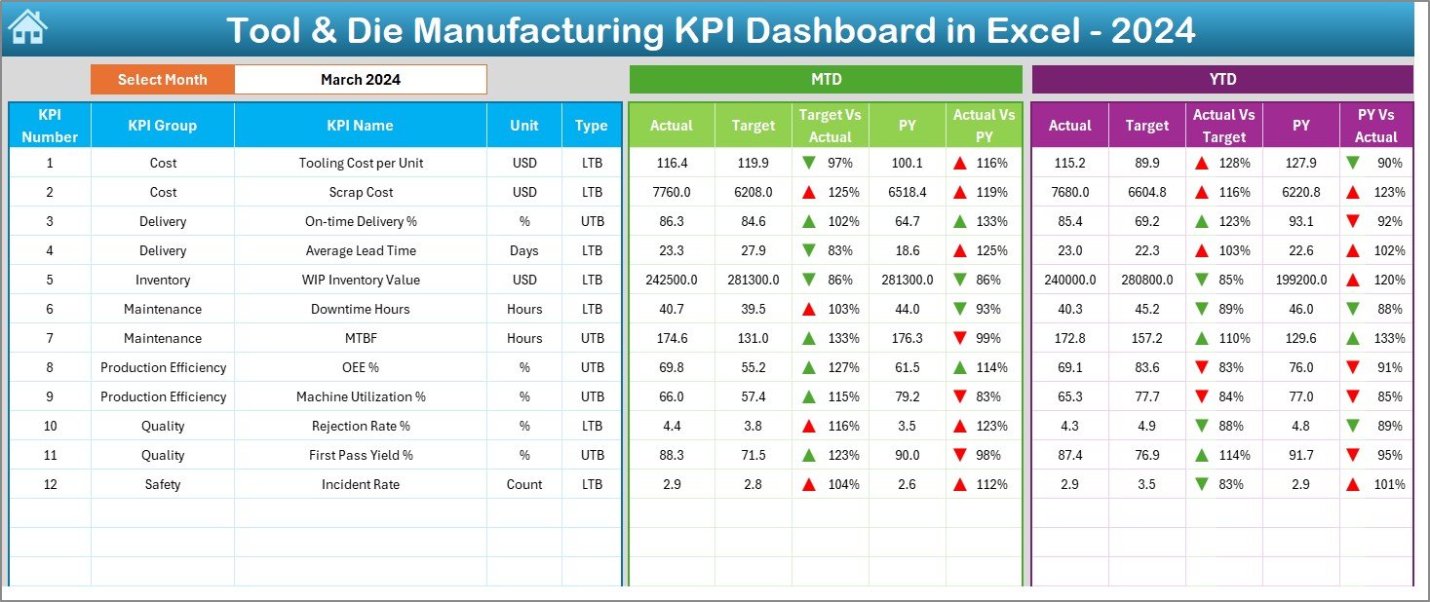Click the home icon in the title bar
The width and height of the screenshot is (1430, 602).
[x=27, y=28]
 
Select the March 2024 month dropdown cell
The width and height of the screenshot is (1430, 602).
[x=361, y=80]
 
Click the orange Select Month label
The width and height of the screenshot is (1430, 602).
[x=162, y=80]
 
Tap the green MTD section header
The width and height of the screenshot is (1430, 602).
[x=826, y=80]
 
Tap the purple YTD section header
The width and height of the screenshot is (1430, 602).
[x=1221, y=80]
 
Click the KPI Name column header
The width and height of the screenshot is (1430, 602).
[x=360, y=126]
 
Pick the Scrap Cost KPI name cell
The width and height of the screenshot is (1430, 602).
[x=361, y=192]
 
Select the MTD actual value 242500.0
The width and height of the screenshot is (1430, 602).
[x=672, y=280]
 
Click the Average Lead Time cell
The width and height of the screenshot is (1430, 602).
[x=361, y=250]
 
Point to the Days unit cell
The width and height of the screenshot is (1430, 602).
[x=523, y=250]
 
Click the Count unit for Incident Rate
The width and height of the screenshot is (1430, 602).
[x=523, y=484]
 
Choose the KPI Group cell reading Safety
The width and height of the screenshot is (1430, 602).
[x=163, y=484]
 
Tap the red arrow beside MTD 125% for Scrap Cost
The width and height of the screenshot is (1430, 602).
[x=809, y=192]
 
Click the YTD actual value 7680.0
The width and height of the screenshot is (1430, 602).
[x=1069, y=192]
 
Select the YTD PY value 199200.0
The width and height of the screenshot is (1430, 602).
[x=1300, y=280]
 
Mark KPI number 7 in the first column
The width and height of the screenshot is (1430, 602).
[x=50, y=338]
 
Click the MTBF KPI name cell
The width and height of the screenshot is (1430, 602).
[x=361, y=338]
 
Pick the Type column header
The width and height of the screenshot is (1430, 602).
[x=591, y=126]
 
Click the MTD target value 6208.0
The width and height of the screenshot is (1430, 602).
[x=753, y=192]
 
